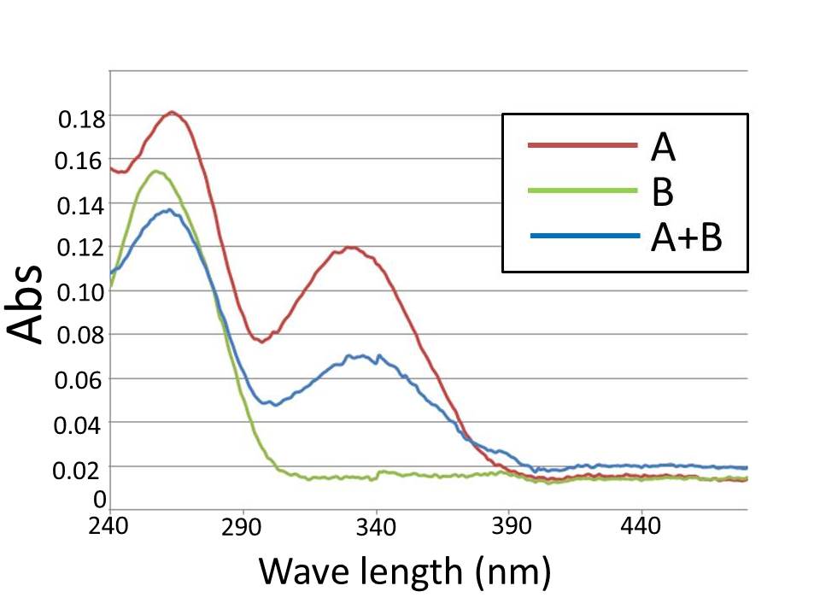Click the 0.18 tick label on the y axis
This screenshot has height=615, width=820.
click(81, 119)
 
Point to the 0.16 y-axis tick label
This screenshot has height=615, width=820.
click(81, 161)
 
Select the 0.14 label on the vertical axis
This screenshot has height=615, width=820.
click(81, 205)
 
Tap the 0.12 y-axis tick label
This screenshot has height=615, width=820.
click(81, 249)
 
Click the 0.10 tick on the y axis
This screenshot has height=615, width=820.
click(81, 292)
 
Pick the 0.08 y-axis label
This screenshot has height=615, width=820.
click(81, 336)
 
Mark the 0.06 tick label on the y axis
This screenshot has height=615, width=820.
click(81, 379)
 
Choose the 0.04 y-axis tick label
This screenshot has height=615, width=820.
click(81, 424)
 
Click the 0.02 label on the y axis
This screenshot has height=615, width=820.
click(81, 467)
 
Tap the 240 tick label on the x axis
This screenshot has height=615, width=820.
click(108, 526)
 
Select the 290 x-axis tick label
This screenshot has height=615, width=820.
click(242, 526)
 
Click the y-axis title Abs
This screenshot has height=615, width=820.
click(27, 304)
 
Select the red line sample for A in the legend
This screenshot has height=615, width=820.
click(583, 145)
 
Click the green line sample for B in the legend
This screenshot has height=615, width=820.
click(583, 190)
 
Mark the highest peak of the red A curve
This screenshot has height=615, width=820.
click(173, 112)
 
